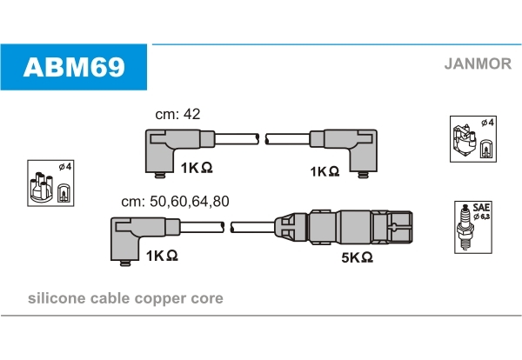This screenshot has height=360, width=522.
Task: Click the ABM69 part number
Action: point(74,67)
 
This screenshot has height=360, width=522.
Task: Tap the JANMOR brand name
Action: point(478,63)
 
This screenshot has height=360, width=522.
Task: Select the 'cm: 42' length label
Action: point(177,114)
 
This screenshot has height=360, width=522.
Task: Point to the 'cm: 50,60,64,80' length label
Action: point(175,201)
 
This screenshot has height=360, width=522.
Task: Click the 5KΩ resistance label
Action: point(357,257)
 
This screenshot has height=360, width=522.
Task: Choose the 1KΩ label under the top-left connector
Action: point(197,168)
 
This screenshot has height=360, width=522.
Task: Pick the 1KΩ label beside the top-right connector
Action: point(325,171)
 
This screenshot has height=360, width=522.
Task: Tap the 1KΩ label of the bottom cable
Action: point(162,256)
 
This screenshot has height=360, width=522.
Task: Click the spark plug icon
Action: point(465,228)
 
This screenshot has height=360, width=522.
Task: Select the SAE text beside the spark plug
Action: point(481,207)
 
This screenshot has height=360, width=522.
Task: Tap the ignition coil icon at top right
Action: point(465,140)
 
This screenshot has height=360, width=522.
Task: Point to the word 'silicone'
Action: point(57,298)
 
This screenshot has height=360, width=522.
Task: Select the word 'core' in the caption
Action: point(207,298)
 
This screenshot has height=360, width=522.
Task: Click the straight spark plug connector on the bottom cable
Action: point(344,228)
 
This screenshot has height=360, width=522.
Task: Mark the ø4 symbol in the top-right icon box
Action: point(488,123)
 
